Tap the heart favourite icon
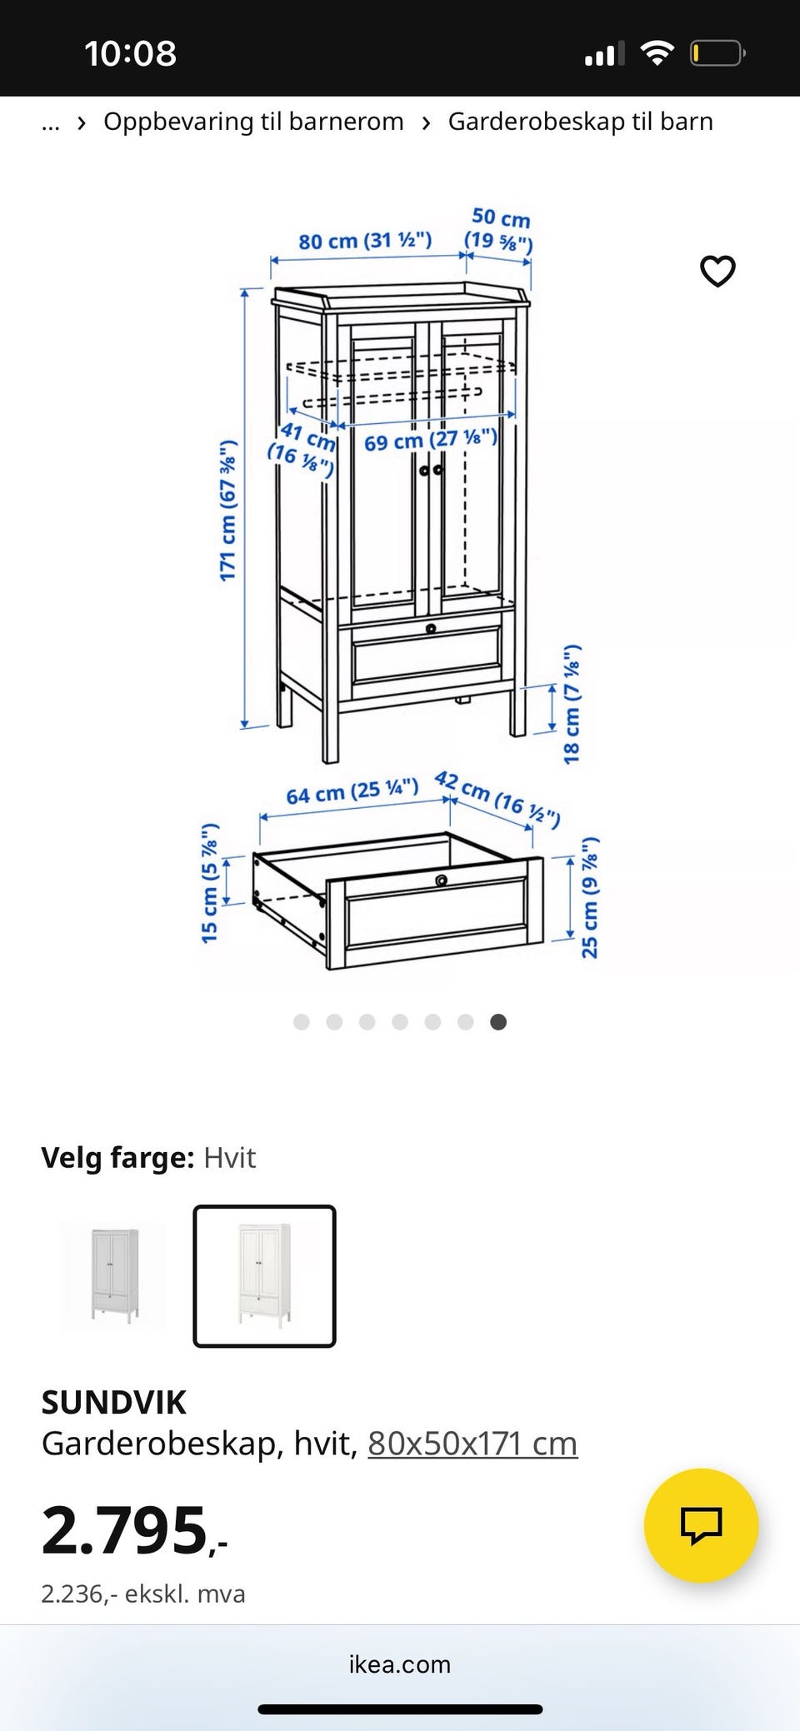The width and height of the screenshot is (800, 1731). coord(717,271)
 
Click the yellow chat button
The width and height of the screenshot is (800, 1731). coord(701,1525)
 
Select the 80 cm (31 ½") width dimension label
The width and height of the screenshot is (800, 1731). coord(365,241)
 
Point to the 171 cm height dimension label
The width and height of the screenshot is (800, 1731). coord(227,510)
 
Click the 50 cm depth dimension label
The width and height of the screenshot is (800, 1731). coord(498,229)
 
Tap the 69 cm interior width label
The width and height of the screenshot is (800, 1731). coord(430,439)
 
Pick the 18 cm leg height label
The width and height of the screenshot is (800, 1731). coord(572,704)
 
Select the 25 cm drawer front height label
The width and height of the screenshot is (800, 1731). coord(589,897)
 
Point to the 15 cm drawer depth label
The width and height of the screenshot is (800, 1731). coord(209,883)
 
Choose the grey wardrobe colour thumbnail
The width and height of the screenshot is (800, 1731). coord(112,1275)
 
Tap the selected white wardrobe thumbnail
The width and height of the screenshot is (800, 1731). coord(264,1275)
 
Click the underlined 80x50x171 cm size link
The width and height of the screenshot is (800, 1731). coord(472,1444)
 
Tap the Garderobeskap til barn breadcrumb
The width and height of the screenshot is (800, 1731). coord(581,122)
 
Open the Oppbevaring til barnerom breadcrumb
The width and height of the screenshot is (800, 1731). coord(253,122)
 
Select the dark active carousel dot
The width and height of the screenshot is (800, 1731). coord(498,1022)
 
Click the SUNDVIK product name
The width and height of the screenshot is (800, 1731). coord(114,1402)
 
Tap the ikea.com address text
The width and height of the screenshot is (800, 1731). coord(400,1664)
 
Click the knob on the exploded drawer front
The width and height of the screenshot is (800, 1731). coord(442,880)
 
